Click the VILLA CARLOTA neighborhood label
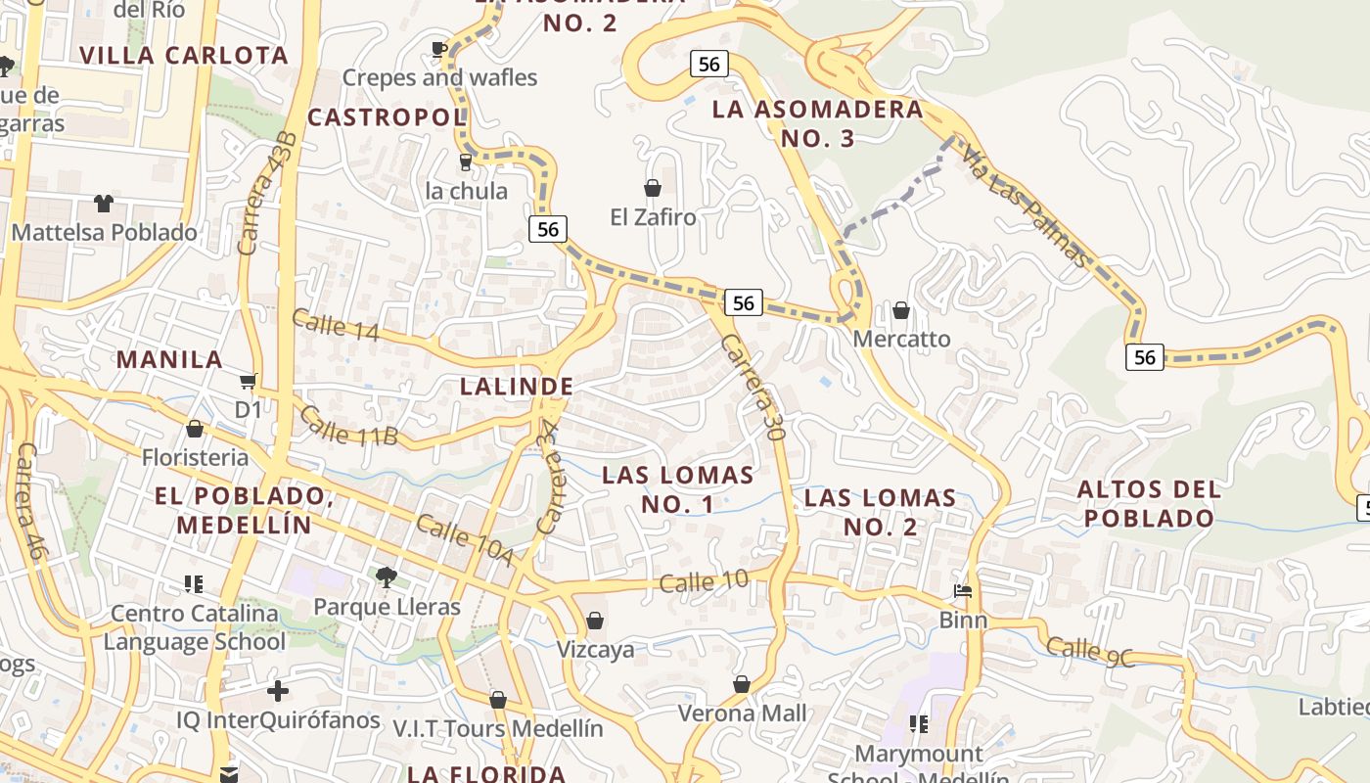[185, 55]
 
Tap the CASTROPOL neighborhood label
[388, 117]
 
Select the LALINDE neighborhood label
[517, 386]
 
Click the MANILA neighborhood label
[170, 359]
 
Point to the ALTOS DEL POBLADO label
[1149, 503]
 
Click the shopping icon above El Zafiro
[653, 187]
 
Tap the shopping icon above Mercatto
[901, 310]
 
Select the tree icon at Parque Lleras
[387, 576]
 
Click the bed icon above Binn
[963, 590]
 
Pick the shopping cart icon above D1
[249, 380]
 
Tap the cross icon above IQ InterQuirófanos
[278, 691]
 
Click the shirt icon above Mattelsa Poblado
[104, 203]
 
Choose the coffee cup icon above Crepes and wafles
[439, 48]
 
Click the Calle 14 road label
[336, 324]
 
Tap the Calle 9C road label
[1090, 652]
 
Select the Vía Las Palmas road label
[1024, 207]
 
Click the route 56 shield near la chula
[548, 229]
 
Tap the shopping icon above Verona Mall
[742, 683]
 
